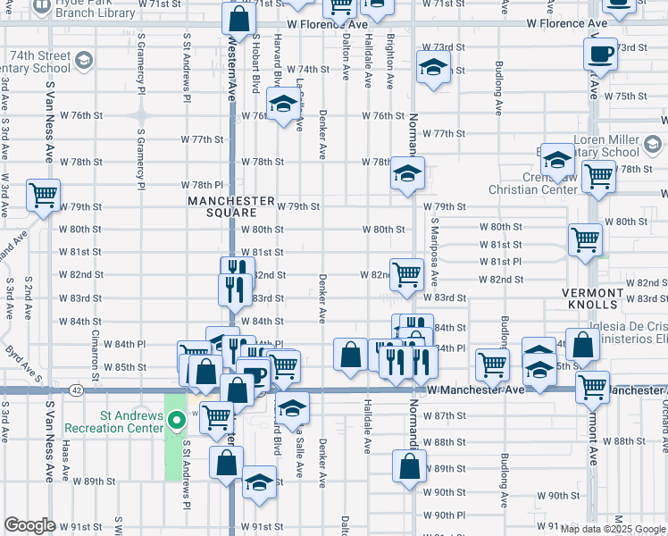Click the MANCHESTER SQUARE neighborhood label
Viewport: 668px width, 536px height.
tap(222, 206)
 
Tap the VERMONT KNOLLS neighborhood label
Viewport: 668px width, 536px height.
tap(593, 298)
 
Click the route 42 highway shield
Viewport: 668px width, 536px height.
tap(77, 390)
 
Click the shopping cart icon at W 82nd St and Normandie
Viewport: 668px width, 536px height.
tap(407, 273)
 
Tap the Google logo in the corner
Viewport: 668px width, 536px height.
tap(29, 525)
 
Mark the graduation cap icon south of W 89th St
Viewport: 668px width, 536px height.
tap(259, 482)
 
